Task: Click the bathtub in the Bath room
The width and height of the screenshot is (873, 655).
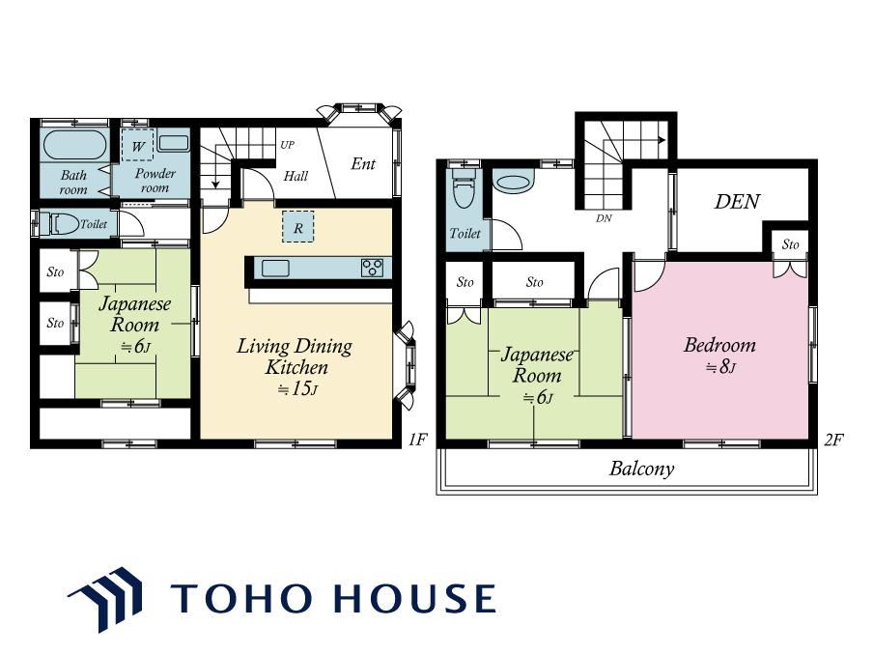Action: (x=74, y=144)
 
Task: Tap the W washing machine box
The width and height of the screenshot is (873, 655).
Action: (x=137, y=146)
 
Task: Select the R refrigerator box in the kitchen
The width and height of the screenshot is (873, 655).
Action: (x=297, y=227)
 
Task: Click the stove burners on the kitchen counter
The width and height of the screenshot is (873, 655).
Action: (x=372, y=268)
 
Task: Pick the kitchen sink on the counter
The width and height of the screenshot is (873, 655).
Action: (x=275, y=268)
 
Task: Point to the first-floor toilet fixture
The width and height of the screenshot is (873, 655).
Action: (x=65, y=224)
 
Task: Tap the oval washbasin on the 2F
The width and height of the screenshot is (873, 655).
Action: (x=514, y=183)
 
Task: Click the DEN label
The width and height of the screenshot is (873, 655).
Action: (x=737, y=201)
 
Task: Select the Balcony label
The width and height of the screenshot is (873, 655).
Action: (x=641, y=469)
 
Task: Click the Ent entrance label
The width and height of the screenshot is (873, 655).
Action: (x=363, y=163)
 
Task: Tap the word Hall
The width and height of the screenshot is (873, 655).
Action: (x=296, y=176)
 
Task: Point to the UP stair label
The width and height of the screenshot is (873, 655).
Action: (x=287, y=145)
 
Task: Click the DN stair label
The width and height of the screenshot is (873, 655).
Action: (x=604, y=218)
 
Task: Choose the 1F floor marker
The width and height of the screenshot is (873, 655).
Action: (x=417, y=440)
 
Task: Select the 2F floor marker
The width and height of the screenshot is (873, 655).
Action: (x=833, y=440)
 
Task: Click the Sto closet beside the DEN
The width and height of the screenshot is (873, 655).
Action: (x=790, y=244)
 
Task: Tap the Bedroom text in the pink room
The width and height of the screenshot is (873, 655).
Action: (x=719, y=345)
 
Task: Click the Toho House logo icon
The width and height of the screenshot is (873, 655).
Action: (x=105, y=599)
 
